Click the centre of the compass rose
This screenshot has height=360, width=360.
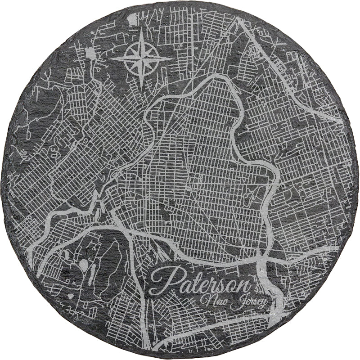(141, 58)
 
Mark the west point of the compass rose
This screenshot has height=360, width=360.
(110, 58)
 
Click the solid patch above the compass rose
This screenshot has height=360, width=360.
(132, 19)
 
